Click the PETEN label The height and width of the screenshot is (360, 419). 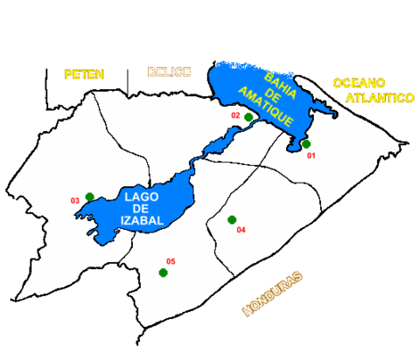83,74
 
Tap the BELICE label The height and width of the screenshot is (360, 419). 168,72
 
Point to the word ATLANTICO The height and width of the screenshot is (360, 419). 379,99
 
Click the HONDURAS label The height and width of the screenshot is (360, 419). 273,294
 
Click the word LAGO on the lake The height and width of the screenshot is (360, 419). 142,197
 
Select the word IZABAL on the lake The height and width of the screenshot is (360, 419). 143,224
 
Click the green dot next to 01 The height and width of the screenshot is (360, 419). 306,143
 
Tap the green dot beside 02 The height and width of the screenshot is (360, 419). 248,116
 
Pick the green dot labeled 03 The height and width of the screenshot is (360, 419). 90,197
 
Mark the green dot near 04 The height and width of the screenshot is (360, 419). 232,219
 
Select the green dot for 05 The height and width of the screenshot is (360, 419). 163,273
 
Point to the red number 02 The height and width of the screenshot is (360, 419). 235,114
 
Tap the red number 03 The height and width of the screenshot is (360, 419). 75,201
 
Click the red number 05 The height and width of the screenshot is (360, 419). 171,261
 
